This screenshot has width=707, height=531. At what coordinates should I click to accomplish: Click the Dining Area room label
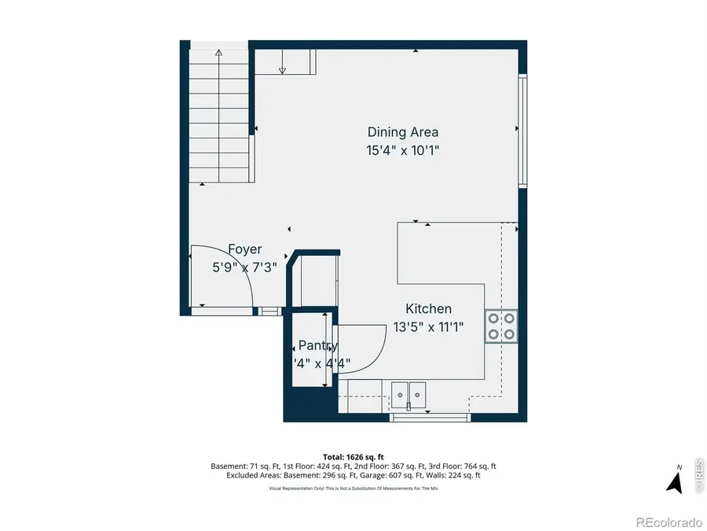[x=402, y=132]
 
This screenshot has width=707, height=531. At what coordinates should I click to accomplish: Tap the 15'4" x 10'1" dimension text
[x=402, y=151]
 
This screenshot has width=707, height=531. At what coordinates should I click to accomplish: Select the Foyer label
[x=244, y=249]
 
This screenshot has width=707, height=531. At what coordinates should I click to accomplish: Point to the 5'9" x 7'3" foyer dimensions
[x=244, y=267]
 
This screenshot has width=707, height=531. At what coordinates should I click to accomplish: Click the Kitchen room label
[x=428, y=309]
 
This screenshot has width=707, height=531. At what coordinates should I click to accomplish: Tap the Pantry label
[x=318, y=345]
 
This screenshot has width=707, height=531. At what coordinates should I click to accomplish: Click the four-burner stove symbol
[x=501, y=326]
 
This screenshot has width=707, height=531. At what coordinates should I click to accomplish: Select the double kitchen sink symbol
[x=408, y=391]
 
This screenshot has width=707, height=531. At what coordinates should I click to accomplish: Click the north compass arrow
[x=674, y=481]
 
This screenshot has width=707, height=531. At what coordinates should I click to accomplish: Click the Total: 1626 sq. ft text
[x=353, y=456]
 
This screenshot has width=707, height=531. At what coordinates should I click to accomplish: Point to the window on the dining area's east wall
[x=522, y=130]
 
